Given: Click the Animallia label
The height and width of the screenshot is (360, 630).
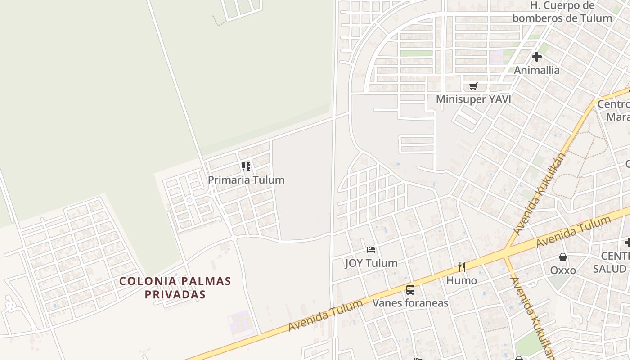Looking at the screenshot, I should [x=536, y=70].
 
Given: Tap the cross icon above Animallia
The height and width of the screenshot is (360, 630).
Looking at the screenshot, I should [x=536, y=57].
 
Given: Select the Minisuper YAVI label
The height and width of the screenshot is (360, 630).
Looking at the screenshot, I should [x=473, y=99].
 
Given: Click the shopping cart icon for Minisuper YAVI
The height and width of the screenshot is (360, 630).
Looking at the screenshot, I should [x=473, y=86].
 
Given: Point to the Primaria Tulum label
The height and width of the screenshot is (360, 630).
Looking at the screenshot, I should [x=246, y=180].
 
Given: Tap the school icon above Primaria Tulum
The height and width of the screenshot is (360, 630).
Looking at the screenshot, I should [x=246, y=166].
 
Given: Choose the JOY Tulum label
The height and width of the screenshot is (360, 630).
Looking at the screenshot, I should [x=371, y=263].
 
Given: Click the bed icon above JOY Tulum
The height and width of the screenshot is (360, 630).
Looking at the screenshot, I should [x=371, y=250].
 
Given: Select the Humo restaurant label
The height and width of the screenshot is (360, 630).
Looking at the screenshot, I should [x=462, y=280].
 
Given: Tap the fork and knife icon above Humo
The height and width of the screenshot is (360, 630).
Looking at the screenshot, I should [x=462, y=267].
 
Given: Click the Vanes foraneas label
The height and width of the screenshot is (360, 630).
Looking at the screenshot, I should [x=410, y=303].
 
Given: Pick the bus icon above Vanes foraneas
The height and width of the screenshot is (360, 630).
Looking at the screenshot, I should [x=410, y=289].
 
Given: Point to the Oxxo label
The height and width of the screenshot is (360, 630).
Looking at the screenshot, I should [x=563, y=270].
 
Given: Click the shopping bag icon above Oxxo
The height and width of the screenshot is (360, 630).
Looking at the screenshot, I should [x=563, y=257].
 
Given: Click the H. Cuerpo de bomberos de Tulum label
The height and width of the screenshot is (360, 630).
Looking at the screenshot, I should [x=562, y=12].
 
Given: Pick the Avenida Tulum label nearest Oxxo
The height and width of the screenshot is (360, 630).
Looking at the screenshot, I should [x=573, y=232].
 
